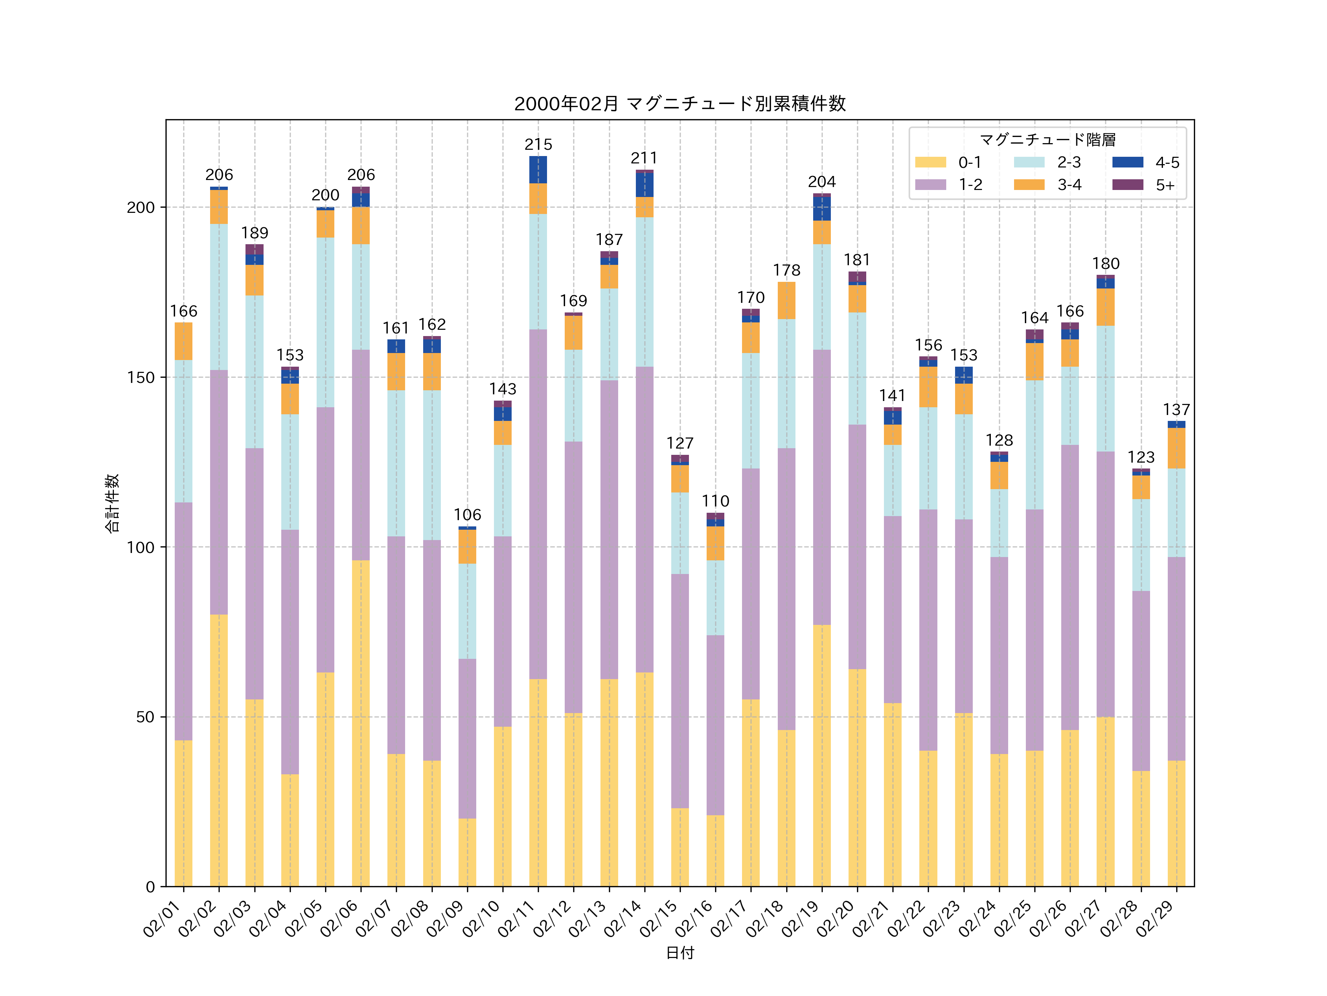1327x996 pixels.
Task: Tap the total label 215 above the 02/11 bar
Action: click(538, 145)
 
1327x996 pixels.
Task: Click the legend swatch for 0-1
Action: click(930, 162)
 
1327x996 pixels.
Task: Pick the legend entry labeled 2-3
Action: click(1069, 162)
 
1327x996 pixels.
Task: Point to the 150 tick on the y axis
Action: click(140, 378)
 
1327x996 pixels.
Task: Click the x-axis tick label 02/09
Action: click(445, 919)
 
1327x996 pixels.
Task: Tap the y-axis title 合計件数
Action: click(112, 503)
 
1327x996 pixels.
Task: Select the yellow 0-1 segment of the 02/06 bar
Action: click(361, 723)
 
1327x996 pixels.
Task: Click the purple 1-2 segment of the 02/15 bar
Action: click(680, 691)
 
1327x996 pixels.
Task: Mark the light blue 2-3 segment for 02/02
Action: click(219, 297)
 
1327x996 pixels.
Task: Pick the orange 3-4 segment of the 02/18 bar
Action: click(787, 300)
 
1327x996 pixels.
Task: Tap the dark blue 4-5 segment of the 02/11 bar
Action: click(538, 170)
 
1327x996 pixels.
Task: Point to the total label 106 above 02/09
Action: click(467, 515)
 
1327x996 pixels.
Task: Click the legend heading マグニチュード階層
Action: click(1048, 140)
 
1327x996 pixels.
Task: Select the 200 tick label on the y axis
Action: click(140, 208)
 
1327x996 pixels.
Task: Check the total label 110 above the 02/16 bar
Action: click(715, 501)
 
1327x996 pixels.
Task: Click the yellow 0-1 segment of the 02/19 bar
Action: click(822, 756)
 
